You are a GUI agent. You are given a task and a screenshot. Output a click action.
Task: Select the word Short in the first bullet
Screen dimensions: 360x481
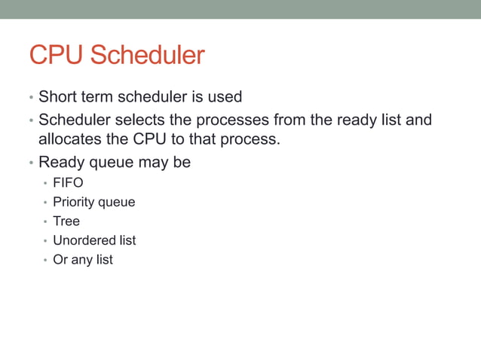coord(57,97)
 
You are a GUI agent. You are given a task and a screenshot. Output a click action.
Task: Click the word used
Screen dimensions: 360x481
coord(225,97)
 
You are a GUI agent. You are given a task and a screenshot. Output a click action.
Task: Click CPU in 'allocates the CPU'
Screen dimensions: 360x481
coord(151,139)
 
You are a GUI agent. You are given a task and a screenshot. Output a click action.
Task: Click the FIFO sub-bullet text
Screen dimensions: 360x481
coord(68,183)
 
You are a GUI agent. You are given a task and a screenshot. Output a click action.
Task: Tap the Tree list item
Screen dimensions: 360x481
coord(66,221)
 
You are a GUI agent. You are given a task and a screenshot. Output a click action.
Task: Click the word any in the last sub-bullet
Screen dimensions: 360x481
coord(81,260)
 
